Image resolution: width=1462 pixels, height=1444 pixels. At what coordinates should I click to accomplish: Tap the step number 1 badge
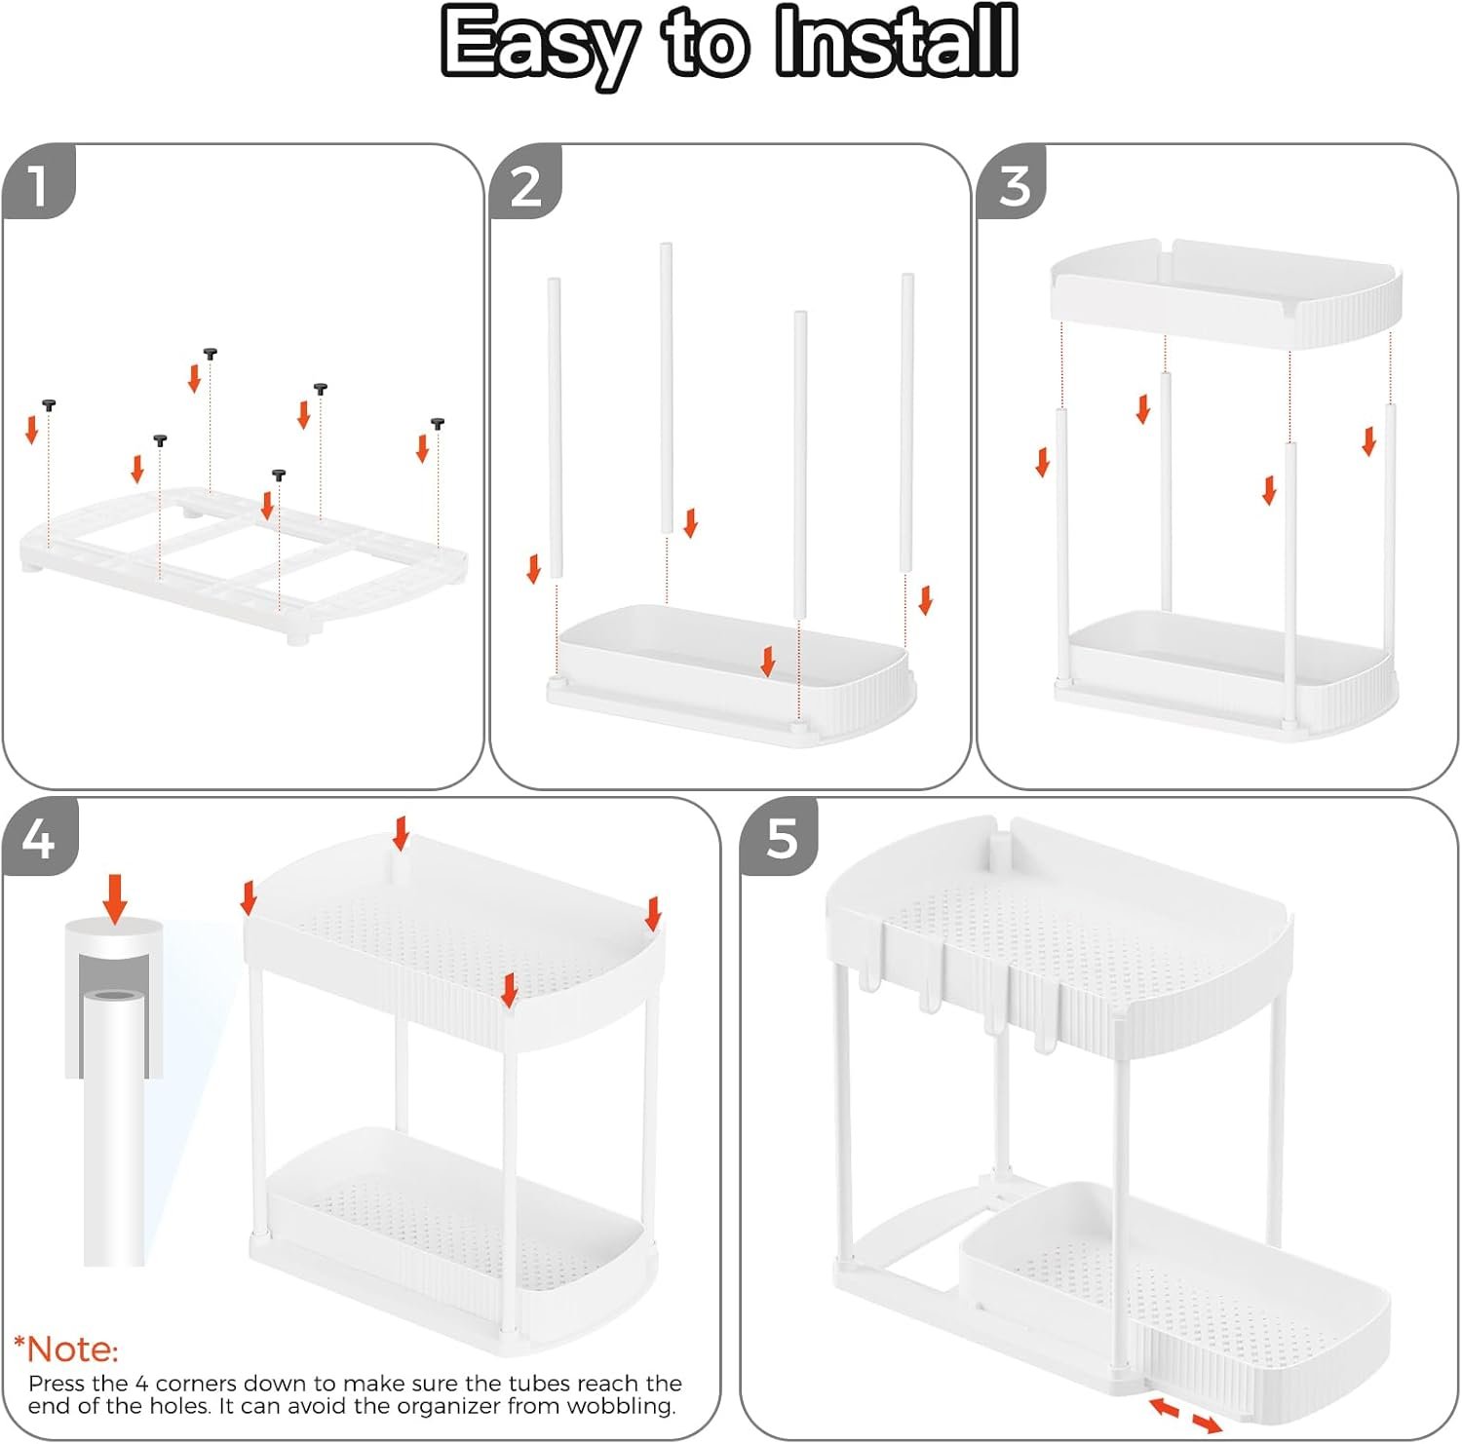(x=39, y=182)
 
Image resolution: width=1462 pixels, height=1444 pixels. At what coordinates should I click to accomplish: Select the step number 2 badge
(x=526, y=182)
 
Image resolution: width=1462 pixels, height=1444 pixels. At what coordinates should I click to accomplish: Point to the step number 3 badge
(x=1014, y=182)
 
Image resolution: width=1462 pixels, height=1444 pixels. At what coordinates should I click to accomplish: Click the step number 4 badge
(x=40, y=837)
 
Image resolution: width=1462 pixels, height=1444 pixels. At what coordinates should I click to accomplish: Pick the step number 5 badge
(x=780, y=837)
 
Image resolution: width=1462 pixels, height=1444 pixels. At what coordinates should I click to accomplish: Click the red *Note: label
(x=66, y=1349)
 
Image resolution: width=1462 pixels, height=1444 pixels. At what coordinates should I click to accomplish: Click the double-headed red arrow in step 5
(x=1186, y=1416)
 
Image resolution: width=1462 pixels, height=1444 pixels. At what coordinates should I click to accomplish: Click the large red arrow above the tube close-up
(x=116, y=898)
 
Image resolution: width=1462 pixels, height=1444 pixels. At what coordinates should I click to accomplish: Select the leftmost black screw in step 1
(x=49, y=404)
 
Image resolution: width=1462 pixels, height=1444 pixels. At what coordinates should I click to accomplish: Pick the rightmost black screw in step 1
(x=439, y=424)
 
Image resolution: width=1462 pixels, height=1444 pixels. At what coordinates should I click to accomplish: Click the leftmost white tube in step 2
(x=555, y=427)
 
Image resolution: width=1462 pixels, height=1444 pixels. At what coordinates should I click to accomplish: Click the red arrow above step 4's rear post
(x=401, y=834)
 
